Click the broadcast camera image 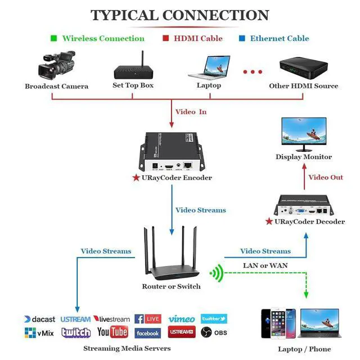click(56, 66)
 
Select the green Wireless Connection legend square click(53, 38)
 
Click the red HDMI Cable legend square click(166, 38)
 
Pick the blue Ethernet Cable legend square click(242, 38)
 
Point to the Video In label click(191, 111)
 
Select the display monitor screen click(303, 133)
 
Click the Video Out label click(326, 177)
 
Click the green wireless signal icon click(217, 274)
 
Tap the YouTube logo click(112, 332)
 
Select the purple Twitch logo click(76, 332)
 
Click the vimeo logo click(181, 319)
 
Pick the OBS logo click(214, 333)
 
